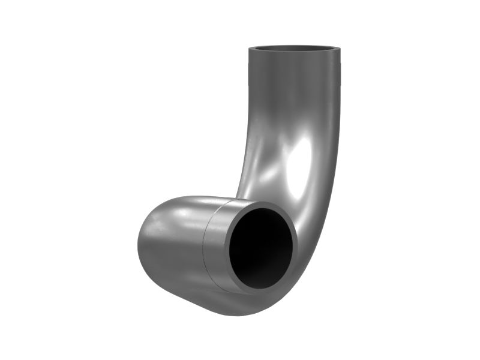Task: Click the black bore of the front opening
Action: [259, 247]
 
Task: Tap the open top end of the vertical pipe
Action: [294, 49]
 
